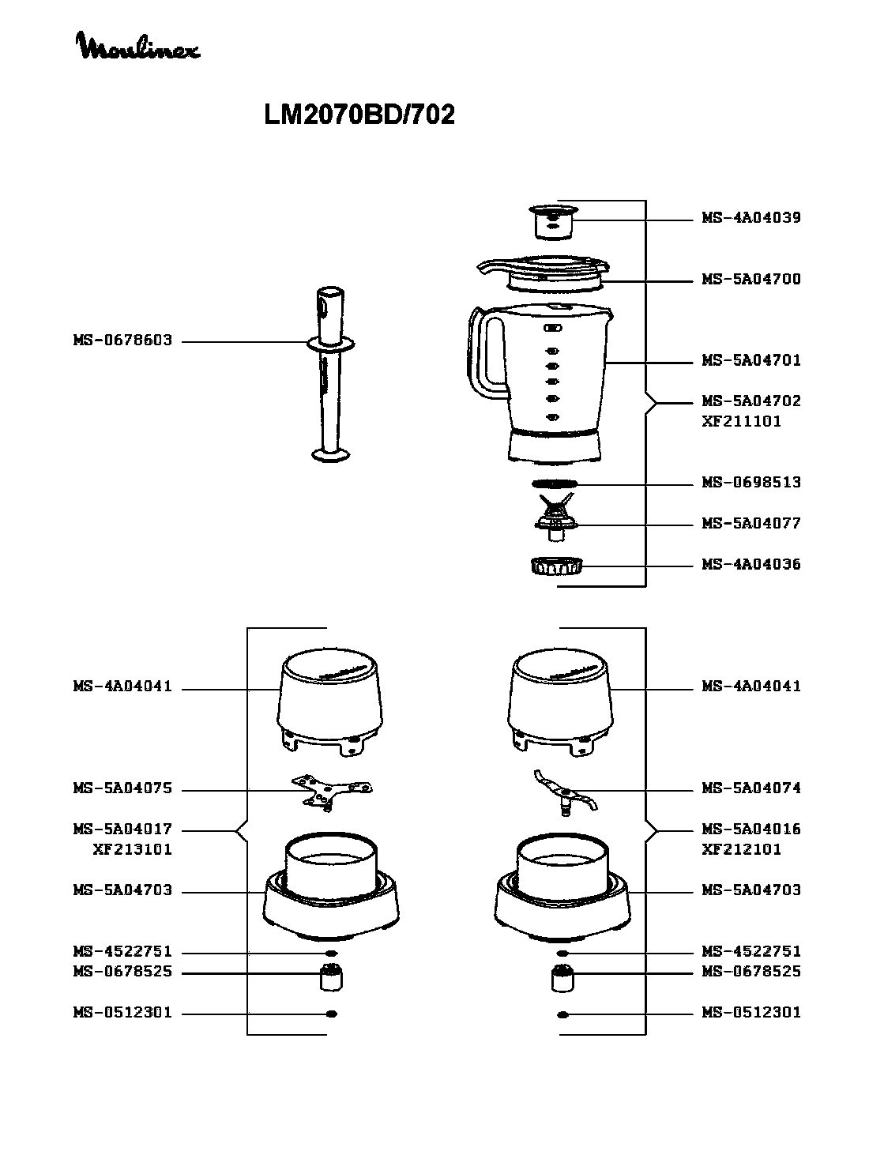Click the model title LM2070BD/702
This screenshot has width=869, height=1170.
click(x=359, y=115)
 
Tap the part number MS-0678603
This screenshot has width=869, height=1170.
click(x=123, y=340)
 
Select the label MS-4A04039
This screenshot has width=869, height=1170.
click(x=750, y=218)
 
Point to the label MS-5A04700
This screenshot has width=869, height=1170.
click(x=750, y=279)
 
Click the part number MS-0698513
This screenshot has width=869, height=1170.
click(x=750, y=482)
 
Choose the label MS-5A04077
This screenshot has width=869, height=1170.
click(x=750, y=523)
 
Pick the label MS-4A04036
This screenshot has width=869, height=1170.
click(x=750, y=564)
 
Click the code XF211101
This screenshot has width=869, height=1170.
click(x=741, y=422)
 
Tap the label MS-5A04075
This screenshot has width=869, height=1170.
click(x=123, y=788)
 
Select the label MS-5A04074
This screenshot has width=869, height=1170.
click(x=750, y=788)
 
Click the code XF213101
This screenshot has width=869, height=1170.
click(x=133, y=849)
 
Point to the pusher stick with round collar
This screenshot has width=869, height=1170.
click(x=330, y=374)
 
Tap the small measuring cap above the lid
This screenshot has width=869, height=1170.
click(x=553, y=221)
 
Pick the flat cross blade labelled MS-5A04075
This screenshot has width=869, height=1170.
click(x=332, y=792)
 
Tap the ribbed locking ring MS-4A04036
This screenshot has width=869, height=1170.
click(x=556, y=566)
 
